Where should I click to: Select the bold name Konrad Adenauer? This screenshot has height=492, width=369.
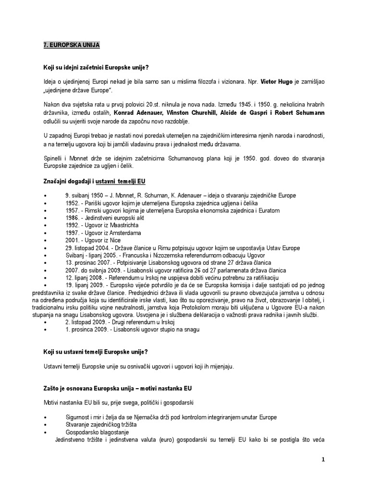(x=145, y=112)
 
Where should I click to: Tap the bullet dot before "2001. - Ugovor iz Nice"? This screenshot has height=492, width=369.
(x=45, y=240)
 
